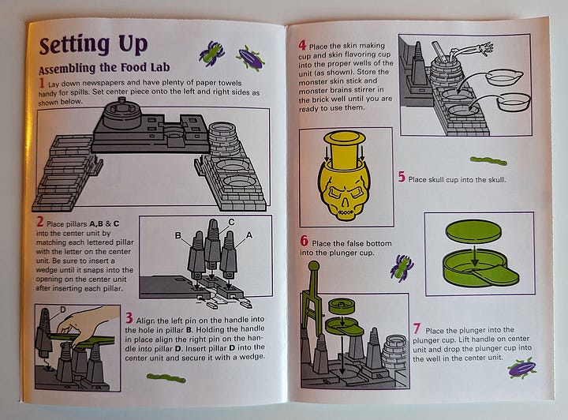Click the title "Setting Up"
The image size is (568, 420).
[x=93, y=45]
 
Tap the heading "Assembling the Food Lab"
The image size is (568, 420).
[x=104, y=68]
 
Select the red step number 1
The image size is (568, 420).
[x=42, y=84]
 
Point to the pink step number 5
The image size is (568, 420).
[x=402, y=177]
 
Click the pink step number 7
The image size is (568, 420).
[x=417, y=328]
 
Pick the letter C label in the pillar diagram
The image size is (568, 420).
[x=231, y=222]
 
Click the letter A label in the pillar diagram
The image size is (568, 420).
[x=248, y=235]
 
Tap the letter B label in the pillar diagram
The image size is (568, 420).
[x=177, y=235]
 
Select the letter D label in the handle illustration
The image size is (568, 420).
[x=62, y=309]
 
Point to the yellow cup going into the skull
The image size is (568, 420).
[x=345, y=150]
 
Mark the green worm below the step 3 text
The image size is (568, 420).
[x=166, y=378]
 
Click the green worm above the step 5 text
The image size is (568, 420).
[x=488, y=160]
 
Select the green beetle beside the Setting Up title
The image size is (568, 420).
[x=212, y=53]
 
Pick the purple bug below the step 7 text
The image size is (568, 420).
[x=522, y=369]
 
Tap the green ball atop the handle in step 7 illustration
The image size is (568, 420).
[x=313, y=266]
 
